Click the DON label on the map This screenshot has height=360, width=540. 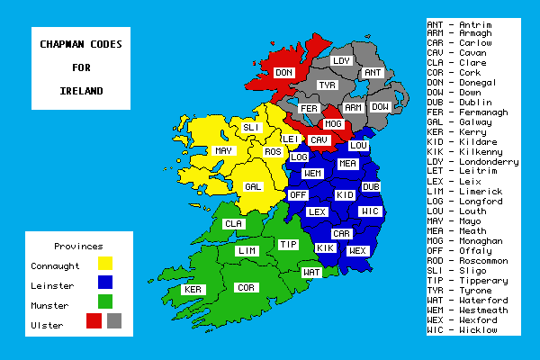(x=283, y=72)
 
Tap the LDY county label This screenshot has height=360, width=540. (x=341, y=60)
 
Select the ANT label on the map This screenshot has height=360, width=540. (x=372, y=73)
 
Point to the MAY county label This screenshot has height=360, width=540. (x=224, y=150)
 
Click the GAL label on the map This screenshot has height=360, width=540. (x=253, y=186)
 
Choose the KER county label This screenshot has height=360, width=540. (x=193, y=290)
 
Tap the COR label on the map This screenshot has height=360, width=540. (x=244, y=288)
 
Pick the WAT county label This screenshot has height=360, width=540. (x=311, y=271)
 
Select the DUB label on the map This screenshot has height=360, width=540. (x=371, y=186)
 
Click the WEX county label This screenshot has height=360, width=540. (x=357, y=249)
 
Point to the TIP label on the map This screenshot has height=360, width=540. (x=288, y=244)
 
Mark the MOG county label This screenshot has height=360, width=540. (x=333, y=123)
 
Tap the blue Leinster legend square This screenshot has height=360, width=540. (x=105, y=283)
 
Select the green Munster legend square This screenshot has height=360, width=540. (x=105, y=301)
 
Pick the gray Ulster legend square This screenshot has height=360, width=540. (x=113, y=319)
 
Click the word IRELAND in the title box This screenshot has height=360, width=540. (x=81, y=91)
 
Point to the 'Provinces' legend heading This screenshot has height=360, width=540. (x=78, y=246)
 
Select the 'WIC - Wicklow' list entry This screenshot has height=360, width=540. (x=461, y=329)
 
